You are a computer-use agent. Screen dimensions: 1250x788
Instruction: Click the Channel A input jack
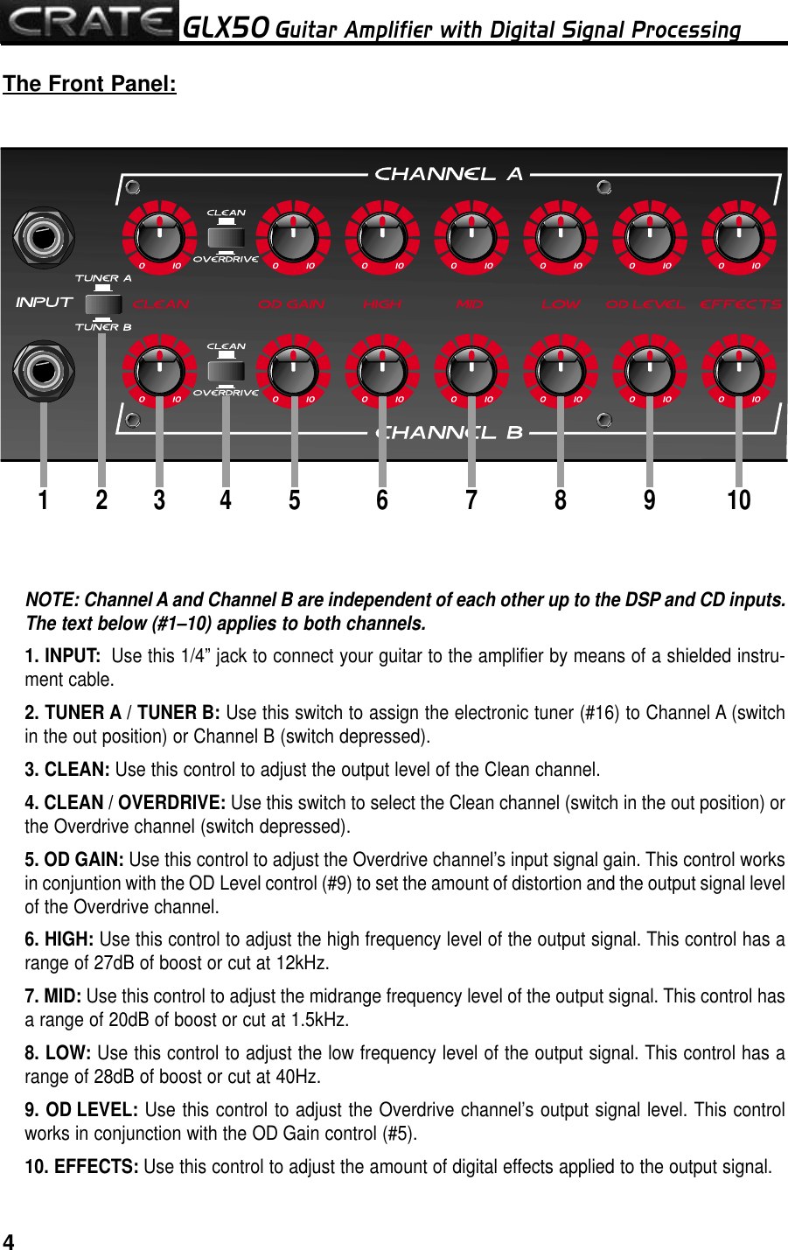coord(43,237)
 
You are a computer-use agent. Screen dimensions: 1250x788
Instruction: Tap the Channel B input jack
coord(43,371)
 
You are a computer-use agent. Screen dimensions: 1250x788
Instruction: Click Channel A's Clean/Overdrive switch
coord(227,236)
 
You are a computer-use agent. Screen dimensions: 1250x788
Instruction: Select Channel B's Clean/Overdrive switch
coord(227,370)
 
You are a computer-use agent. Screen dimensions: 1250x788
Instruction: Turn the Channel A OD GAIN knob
coord(293,237)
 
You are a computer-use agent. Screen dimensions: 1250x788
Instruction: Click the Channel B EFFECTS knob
coord(739,371)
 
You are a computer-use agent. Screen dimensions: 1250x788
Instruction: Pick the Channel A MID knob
coord(471,237)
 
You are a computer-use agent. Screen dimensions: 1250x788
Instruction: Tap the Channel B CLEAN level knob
coord(159,371)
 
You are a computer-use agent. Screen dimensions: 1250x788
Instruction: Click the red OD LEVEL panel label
coord(645,304)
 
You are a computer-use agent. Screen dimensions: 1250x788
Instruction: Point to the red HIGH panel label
coord(382,304)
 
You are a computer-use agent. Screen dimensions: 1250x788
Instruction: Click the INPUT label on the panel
coord(44,302)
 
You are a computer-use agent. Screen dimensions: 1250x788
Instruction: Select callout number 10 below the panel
coord(739,500)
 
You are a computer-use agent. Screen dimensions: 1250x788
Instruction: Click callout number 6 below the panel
coord(382,500)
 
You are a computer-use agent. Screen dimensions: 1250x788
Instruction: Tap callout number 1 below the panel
coord(43,500)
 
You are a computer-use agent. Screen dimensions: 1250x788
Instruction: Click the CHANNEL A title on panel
coord(448,174)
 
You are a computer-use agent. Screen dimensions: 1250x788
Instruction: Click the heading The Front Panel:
coord(89,84)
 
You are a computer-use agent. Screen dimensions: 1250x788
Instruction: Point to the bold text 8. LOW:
coord(58,1053)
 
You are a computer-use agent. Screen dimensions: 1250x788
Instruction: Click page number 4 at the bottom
coord(9,1241)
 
